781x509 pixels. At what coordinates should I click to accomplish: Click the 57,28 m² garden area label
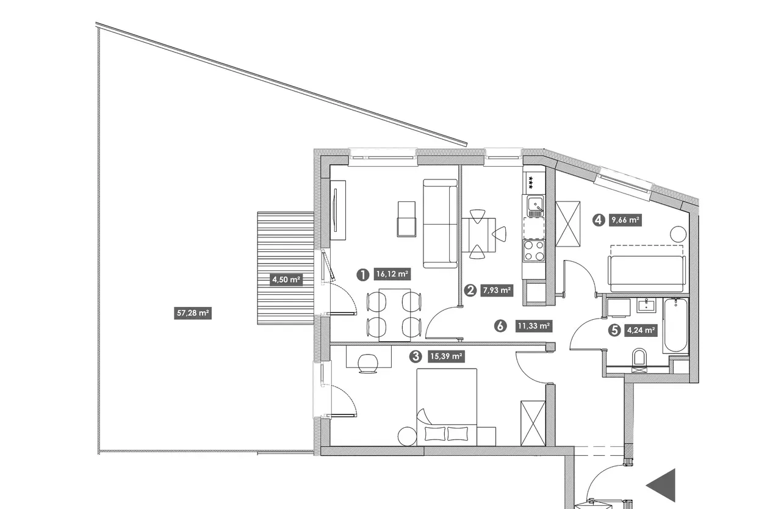pyautogui.click(x=193, y=313)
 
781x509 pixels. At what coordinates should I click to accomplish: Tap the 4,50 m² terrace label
pyautogui.click(x=286, y=280)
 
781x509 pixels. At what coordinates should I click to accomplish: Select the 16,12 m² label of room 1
pyautogui.click(x=392, y=274)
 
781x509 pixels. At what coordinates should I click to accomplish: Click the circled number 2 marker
pyautogui.click(x=470, y=291)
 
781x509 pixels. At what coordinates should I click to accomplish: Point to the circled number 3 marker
pyautogui.click(x=416, y=356)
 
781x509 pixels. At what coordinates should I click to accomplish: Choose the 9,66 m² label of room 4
pyautogui.click(x=625, y=220)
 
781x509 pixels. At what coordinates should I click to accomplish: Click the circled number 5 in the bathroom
pyautogui.click(x=614, y=330)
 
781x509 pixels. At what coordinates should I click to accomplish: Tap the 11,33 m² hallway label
pyautogui.click(x=534, y=326)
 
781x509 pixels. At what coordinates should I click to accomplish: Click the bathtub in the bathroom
pyautogui.click(x=675, y=326)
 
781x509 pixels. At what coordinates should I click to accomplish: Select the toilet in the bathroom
pyautogui.click(x=639, y=358)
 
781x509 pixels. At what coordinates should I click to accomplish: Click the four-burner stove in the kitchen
pyautogui.click(x=534, y=251)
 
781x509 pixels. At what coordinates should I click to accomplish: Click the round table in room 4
pyautogui.click(x=678, y=234)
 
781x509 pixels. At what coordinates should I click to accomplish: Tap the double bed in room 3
pyautogui.click(x=447, y=407)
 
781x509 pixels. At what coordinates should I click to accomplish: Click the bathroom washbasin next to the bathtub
pyautogui.click(x=647, y=305)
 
